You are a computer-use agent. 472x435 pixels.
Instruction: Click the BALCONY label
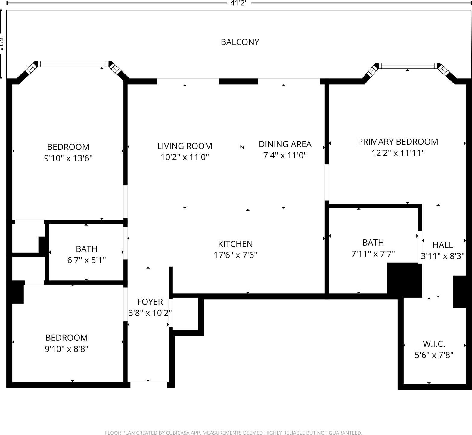coord(240,42)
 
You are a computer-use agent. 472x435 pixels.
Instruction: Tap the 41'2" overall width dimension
coord(239,3)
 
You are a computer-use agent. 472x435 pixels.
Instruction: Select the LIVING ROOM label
coord(185,146)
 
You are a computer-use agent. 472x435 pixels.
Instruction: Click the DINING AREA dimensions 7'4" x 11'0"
coord(285,155)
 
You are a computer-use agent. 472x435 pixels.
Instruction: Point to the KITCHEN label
coord(235,244)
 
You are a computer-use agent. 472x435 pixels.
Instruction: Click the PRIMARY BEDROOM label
coord(398,142)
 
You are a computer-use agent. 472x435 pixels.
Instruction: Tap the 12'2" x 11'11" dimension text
coord(398,153)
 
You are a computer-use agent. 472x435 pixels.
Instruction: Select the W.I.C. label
coord(434,344)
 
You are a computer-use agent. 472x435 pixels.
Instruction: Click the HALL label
coord(442,245)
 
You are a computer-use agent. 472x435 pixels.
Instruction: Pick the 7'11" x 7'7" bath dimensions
coord(373,254)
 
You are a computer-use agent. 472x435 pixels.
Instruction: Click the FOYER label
coord(150,302)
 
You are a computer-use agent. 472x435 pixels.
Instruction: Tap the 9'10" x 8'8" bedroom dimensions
coord(67,349)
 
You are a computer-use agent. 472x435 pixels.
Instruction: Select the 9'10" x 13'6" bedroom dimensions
coord(68,158)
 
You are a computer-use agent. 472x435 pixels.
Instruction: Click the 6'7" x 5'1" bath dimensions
coord(86,260)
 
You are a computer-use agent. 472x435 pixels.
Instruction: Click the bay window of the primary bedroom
coord(408,66)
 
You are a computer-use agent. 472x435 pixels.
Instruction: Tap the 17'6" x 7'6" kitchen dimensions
coord(235,255)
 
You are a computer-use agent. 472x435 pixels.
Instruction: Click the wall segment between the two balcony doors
coord(238,81)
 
